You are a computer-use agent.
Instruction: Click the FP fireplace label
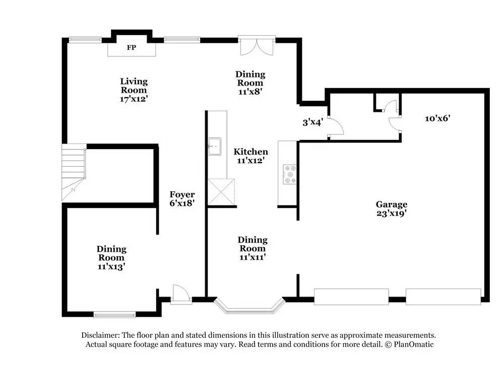[132, 48]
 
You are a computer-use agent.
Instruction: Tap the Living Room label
[134, 85]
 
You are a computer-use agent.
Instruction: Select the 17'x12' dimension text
[134, 99]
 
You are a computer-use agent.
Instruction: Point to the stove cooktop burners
[290, 174]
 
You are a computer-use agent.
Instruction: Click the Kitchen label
[250, 152]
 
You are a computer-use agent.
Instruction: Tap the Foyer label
[182, 194]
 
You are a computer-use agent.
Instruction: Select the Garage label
[391, 204]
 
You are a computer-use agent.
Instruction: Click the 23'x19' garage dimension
[391, 213]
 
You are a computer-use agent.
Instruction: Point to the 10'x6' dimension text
[436, 118]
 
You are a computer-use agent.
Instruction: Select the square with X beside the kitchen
[222, 191]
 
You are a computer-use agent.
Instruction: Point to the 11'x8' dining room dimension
[250, 92]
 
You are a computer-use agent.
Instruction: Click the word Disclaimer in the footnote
[99, 335]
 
